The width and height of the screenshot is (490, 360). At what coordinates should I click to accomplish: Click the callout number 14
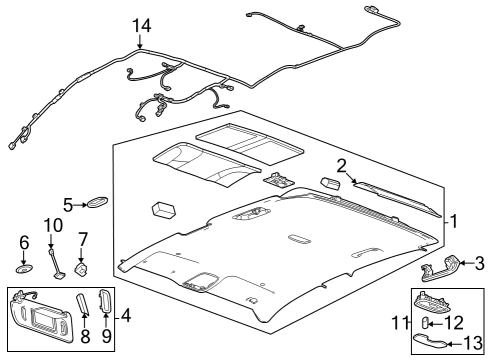[142, 26]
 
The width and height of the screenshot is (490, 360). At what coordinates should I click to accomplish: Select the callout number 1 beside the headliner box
[454, 221]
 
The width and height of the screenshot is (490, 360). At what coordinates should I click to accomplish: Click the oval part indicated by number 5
[97, 202]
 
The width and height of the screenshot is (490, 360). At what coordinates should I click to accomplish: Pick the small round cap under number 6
[24, 269]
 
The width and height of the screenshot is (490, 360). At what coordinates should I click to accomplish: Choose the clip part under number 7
[81, 269]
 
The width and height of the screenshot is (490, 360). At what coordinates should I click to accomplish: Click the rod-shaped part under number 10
[56, 263]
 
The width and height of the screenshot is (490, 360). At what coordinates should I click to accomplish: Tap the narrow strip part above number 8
[83, 304]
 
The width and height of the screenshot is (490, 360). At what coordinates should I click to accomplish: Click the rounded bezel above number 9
[105, 302]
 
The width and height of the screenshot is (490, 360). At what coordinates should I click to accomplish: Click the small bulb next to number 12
[425, 323]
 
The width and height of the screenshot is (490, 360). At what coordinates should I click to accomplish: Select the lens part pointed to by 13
[430, 341]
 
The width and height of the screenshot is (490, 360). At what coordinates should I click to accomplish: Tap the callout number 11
[400, 323]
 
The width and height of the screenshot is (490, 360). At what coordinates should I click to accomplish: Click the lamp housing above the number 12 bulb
[432, 301]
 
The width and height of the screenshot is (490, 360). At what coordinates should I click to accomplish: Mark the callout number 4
[126, 315]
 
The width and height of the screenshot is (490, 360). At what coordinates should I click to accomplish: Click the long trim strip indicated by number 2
[398, 199]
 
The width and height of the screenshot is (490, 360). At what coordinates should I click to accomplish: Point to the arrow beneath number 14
[140, 42]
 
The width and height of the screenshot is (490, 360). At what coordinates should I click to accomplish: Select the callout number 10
[53, 225]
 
